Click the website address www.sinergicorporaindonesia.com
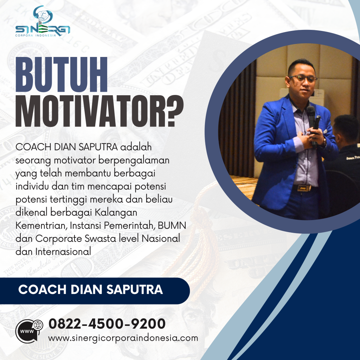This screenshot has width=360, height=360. [x=123, y=338]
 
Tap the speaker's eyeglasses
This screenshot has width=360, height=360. [x=303, y=78]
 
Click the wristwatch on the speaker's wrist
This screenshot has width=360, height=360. [x=322, y=142]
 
